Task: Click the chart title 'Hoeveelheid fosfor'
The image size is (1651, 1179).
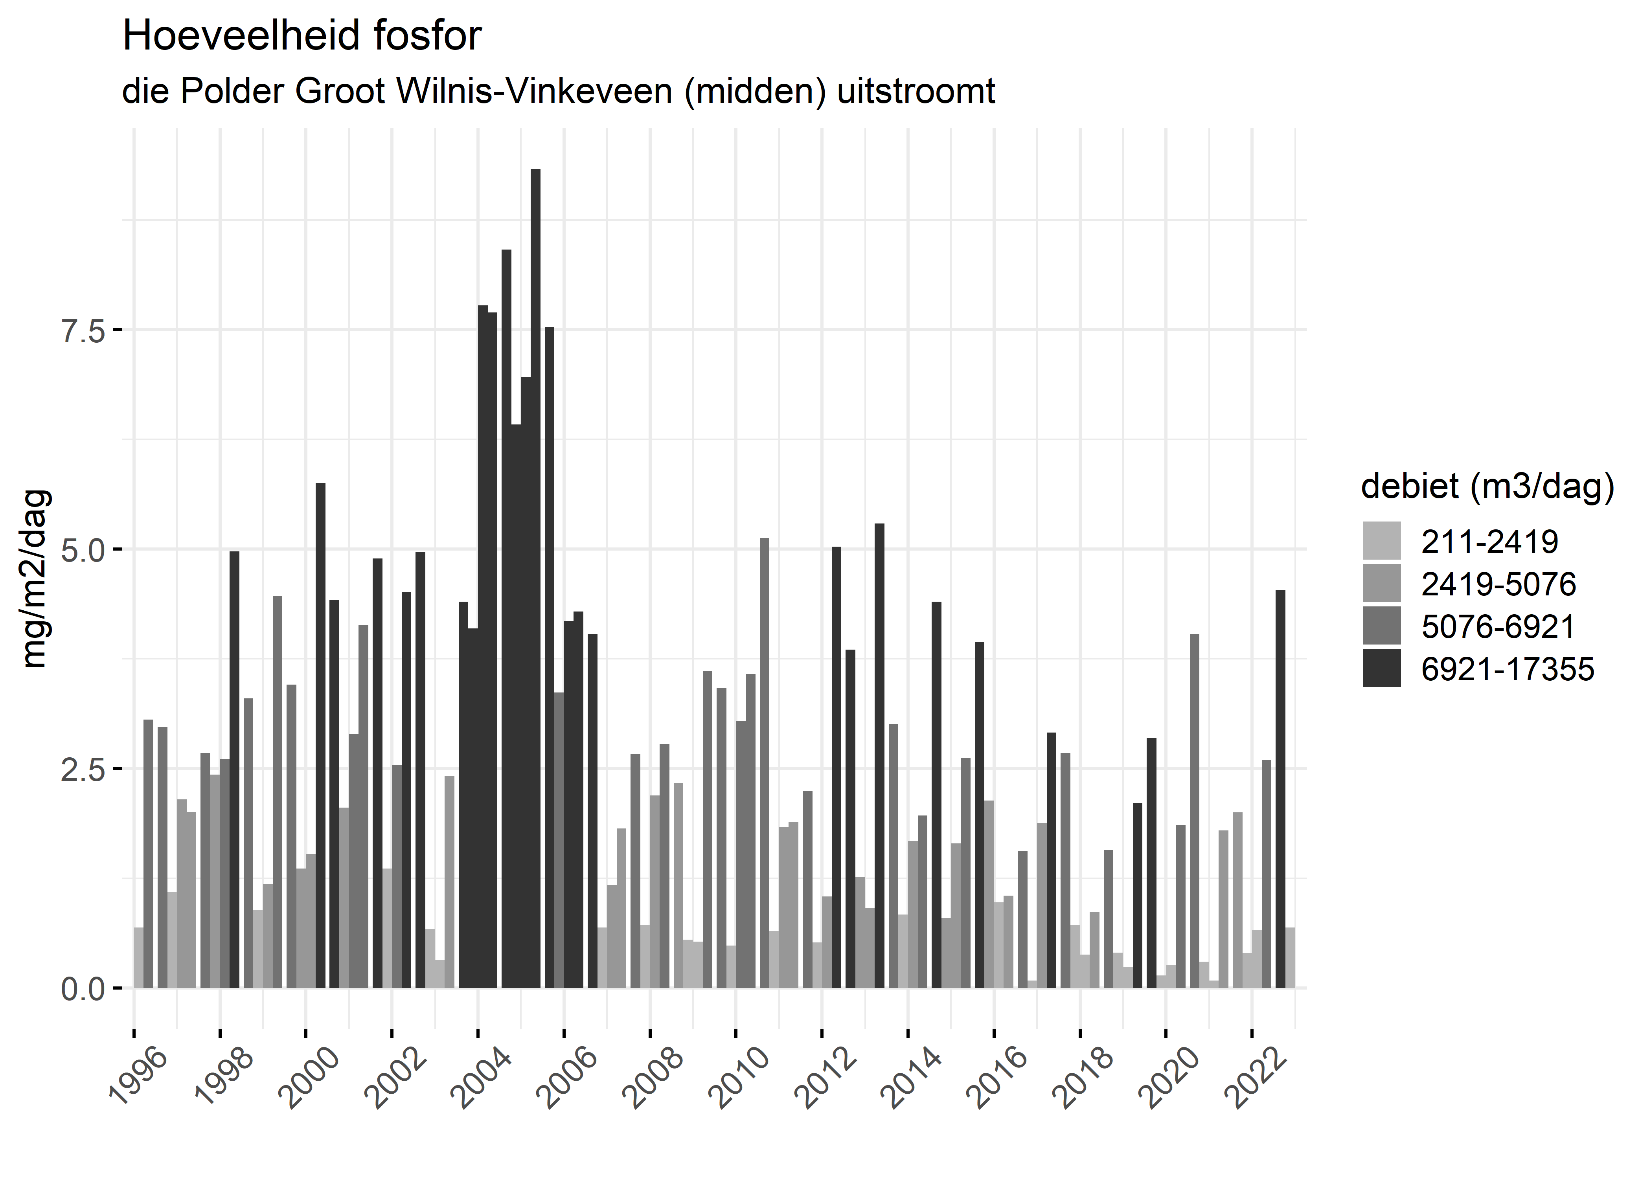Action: click(x=302, y=36)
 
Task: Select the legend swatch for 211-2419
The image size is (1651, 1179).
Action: click(x=1382, y=541)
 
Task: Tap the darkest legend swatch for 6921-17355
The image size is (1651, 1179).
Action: click(x=1382, y=668)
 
